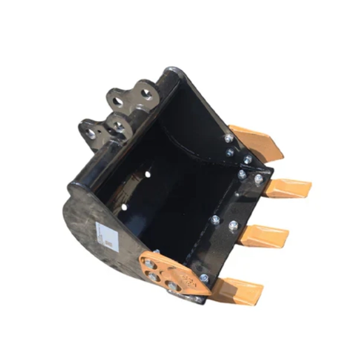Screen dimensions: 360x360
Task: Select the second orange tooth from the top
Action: (x=287, y=188)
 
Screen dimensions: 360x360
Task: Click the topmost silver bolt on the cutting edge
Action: (x=228, y=139)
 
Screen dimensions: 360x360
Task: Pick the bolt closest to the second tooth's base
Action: (x=258, y=178)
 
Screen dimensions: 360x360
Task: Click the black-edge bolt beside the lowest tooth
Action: (x=204, y=278)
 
